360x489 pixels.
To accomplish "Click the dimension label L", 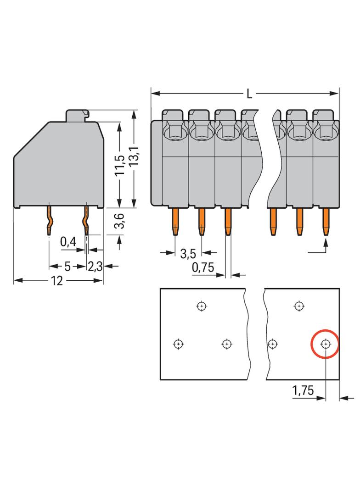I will point(249,94).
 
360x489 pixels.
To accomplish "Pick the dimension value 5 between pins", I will point(67,266).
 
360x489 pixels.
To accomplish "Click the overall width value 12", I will point(56,281).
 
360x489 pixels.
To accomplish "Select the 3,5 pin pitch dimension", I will point(189,253).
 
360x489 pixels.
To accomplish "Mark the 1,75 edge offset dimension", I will point(303,391).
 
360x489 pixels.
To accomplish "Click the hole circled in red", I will point(326,344).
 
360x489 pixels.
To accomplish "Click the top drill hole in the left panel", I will point(201,306).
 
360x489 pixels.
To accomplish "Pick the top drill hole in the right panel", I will point(299,306).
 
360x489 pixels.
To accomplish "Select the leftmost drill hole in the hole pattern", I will point(178,344).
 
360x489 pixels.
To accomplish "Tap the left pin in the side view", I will point(49,221).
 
